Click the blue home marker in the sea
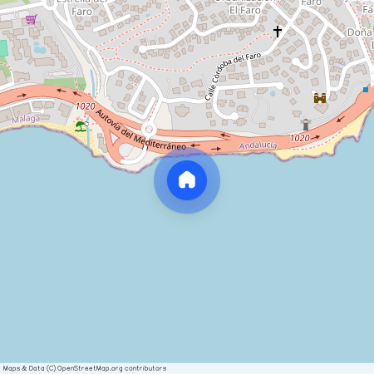point(187,180)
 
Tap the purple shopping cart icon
point(31,19)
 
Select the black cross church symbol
point(278,32)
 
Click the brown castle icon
point(319,98)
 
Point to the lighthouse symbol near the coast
point(306,125)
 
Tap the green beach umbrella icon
point(80,125)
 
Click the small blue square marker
point(366,89)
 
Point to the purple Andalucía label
point(257,145)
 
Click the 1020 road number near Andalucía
point(300,137)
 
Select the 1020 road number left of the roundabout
point(84,106)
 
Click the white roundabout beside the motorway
point(149,129)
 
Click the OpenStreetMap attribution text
point(84,368)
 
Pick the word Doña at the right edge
point(359,32)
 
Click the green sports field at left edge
point(3,49)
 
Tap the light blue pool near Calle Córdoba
point(272,93)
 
